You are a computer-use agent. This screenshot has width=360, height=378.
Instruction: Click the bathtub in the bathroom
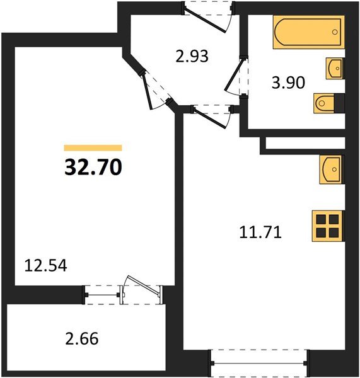[x=308, y=33]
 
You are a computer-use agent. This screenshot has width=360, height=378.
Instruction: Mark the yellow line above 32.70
[x=93, y=147]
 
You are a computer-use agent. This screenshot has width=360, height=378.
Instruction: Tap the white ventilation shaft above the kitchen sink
[x=305, y=144]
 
